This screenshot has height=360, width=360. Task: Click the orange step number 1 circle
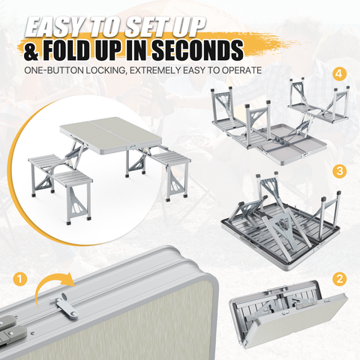point(19,279)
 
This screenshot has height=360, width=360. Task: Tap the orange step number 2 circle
point(340,279)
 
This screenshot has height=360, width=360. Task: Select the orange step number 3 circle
point(340,171)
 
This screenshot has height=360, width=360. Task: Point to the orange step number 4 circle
point(340,74)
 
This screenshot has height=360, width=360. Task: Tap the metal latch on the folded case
point(65,306)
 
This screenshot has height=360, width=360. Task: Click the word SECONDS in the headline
point(197,51)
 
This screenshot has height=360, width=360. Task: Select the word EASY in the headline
point(55,26)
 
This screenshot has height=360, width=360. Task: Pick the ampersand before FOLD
point(31,52)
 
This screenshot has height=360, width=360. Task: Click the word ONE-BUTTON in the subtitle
point(54,70)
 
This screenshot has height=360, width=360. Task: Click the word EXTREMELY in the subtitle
point(155,70)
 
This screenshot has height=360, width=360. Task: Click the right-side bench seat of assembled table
point(172,160)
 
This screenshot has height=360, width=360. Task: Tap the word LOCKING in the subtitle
point(106,70)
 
